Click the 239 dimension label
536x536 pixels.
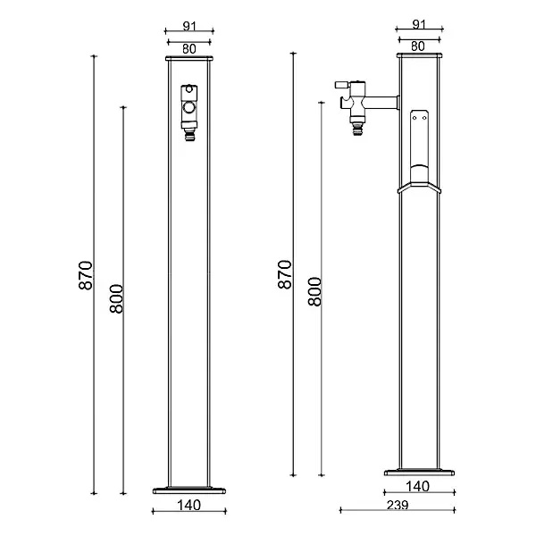pyautogui.click(x=398, y=505)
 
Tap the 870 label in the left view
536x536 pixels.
pyautogui.click(x=86, y=275)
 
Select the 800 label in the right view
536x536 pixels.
pyautogui.click(x=314, y=291)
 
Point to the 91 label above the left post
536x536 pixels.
pyautogui.click(x=189, y=26)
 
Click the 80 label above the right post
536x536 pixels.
pyautogui.click(x=418, y=46)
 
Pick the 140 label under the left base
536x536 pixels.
pyautogui.click(x=189, y=505)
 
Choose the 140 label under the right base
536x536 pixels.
pyautogui.click(x=418, y=486)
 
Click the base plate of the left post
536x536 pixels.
pyautogui.click(x=189, y=490)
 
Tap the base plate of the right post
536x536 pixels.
pyautogui.click(x=420, y=473)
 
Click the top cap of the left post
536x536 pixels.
pyautogui.click(x=189, y=58)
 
